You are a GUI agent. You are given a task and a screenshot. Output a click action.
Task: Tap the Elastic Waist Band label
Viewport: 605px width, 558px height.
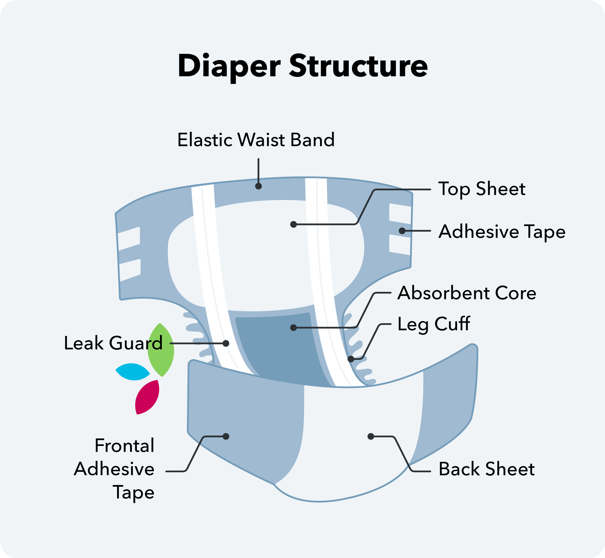tap(256, 140)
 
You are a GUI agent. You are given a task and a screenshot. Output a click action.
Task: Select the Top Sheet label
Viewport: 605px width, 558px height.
tap(482, 189)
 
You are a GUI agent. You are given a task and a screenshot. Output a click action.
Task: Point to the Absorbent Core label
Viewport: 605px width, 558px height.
tap(467, 293)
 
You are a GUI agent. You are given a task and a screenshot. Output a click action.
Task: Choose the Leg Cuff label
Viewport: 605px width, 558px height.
tap(434, 324)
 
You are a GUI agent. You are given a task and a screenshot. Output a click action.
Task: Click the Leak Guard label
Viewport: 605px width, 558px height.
tap(113, 343)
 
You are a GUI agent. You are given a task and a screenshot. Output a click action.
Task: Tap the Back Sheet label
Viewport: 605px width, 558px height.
tap(487, 469)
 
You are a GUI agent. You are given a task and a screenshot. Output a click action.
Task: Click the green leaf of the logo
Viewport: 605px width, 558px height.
tap(161, 350)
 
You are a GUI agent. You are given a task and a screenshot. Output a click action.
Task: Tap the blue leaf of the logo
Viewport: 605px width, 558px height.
tap(133, 372)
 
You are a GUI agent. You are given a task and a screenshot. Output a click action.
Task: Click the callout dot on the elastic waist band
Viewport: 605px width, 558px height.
tap(258, 186)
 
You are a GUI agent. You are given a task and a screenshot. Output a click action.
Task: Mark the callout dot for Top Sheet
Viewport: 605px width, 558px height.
tap(293, 224)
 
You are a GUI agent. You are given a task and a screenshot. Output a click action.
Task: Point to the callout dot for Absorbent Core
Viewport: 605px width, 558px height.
tap(293, 328)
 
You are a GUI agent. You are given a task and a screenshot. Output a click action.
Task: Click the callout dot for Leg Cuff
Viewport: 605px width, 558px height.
tap(351, 359)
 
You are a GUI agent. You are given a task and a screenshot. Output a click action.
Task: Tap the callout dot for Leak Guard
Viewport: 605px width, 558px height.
tap(226, 344)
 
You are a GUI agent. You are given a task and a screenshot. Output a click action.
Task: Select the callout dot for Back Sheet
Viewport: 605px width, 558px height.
tap(371, 437)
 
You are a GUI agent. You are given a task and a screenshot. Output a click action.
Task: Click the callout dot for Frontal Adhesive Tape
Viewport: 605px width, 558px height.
tap(226, 437)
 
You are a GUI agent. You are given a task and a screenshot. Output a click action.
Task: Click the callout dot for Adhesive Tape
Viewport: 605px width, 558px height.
tap(402, 231)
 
